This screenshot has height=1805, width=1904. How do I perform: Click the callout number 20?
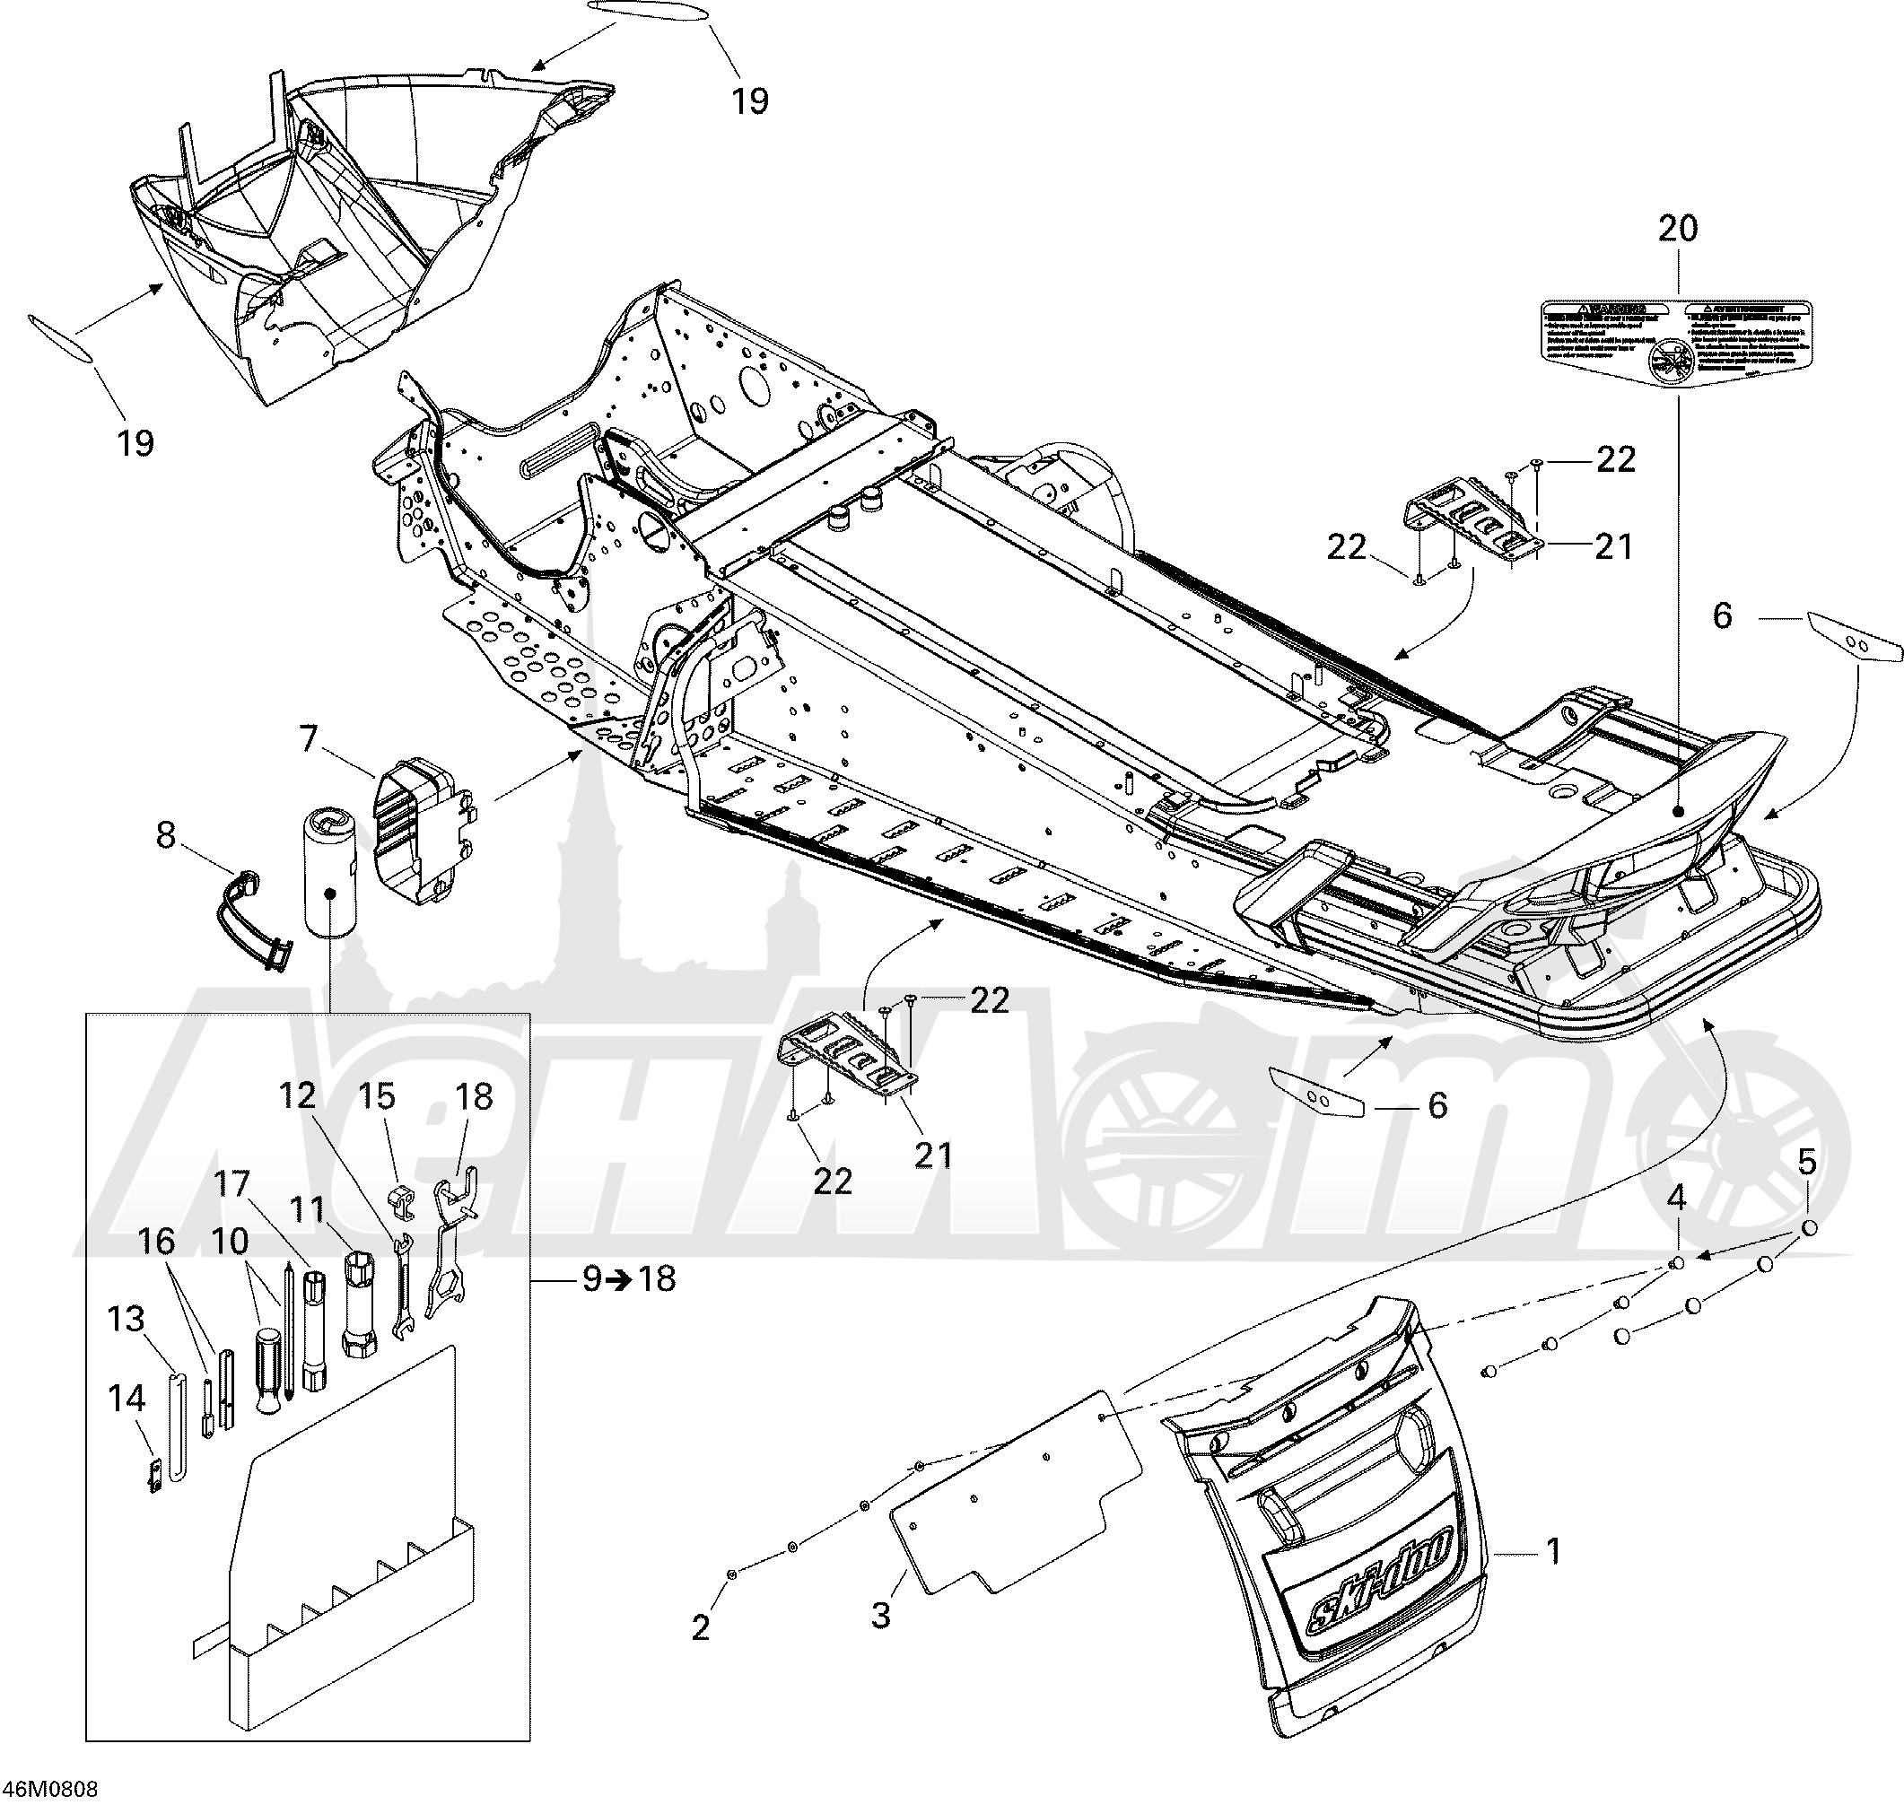tap(1678, 229)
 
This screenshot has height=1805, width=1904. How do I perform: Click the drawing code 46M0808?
tap(49, 1790)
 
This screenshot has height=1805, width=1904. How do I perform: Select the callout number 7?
tap(308, 739)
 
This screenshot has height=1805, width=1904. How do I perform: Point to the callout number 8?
tap(165, 835)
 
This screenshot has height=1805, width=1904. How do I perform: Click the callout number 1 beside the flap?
tap(1552, 1551)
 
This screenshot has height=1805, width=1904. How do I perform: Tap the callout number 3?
tap(880, 1615)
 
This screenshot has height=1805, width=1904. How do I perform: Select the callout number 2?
tap(701, 1627)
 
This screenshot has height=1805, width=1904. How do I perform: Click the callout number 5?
tap(1807, 1163)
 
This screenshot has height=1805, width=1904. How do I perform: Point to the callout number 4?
tap(1676, 1198)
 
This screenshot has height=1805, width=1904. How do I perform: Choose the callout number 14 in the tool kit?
tap(126, 1398)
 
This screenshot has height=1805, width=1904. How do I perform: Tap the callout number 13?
tap(126, 1319)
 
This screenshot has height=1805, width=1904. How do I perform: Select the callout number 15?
tap(377, 1097)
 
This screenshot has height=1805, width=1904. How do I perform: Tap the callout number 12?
tap(297, 1097)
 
